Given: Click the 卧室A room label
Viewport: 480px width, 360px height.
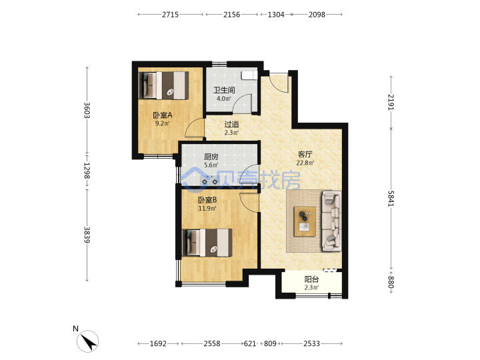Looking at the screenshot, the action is (x=163, y=115).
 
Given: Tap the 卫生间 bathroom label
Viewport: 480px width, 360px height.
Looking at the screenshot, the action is (x=224, y=90).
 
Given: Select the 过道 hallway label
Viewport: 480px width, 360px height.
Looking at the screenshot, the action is (x=231, y=124).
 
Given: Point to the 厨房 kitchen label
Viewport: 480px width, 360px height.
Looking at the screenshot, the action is (x=211, y=157).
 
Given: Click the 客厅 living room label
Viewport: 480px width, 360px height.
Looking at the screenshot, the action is (x=305, y=154).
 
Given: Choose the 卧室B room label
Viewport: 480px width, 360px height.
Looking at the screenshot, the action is (x=207, y=200).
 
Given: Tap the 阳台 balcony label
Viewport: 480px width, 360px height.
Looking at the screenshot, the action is (x=311, y=279).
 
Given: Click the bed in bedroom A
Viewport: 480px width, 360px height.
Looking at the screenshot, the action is (x=163, y=85).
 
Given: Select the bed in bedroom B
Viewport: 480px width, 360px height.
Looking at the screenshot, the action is (x=207, y=243).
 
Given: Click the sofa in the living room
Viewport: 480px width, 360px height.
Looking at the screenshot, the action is (x=331, y=221).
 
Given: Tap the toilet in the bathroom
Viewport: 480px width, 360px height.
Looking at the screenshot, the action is (x=249, y=75).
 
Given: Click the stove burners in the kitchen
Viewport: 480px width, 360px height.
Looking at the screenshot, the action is (x=210, y=181).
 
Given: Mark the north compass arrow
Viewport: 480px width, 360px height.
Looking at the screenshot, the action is (x=88, y=341).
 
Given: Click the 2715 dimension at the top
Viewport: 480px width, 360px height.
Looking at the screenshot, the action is (x=170, y=15).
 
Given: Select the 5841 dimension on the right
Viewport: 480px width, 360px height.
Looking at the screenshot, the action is (x=391, y=199).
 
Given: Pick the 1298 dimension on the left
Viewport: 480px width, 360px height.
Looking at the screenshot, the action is (x=87, y=171).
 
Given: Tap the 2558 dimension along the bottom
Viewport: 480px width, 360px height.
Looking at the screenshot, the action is (x=212, y=343).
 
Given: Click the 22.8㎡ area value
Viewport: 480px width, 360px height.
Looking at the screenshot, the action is (x=305, y=163).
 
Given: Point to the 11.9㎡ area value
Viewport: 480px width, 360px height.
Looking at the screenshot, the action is (x=207, y=209).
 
